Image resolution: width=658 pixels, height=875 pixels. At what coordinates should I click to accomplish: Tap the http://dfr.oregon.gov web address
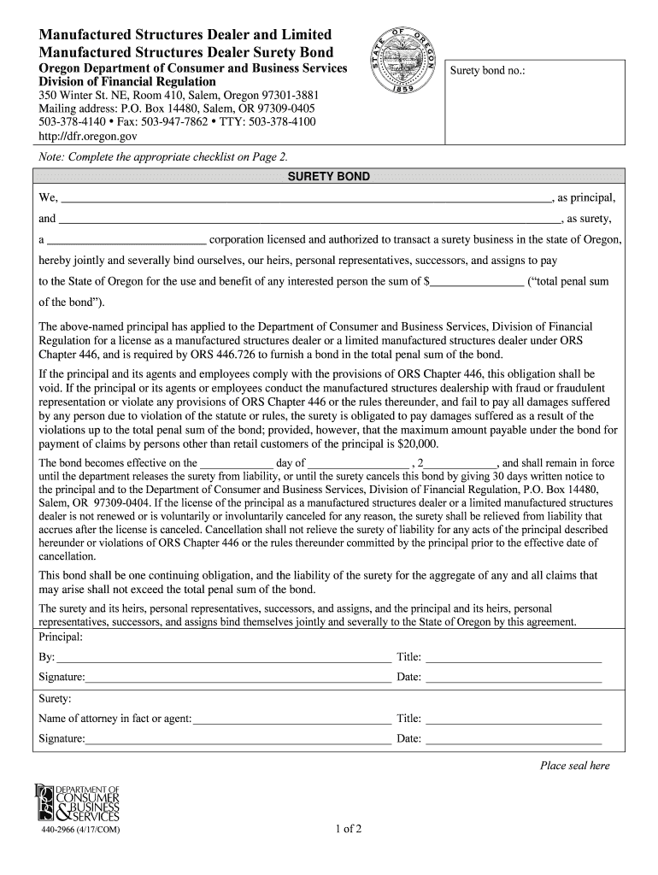pyautogui.click(x=88, y=136)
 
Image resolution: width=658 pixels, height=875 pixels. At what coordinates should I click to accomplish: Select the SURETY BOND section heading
pyautogui.click(x=328, y=177)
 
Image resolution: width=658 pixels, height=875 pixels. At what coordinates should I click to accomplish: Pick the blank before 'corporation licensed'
pyautogui.click(x=126, y=241)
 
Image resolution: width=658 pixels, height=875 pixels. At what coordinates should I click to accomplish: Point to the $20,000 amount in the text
pyautogui.click(x=418, y=444)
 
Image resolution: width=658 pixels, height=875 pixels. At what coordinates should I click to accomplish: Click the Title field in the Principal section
pyautogui.click(x=513, y=658)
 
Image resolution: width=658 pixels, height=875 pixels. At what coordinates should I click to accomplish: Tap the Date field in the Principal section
pyautogui.click(x=513, y=678)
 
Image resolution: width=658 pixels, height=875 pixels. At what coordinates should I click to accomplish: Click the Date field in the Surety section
pyautogui.click(x=513, y=740)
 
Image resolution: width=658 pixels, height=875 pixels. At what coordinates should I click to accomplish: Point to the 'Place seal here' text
pyautogui.click(x=574, y=766)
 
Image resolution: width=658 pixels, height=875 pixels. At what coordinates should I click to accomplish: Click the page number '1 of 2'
pyautogui.click(x=350, y=830)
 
